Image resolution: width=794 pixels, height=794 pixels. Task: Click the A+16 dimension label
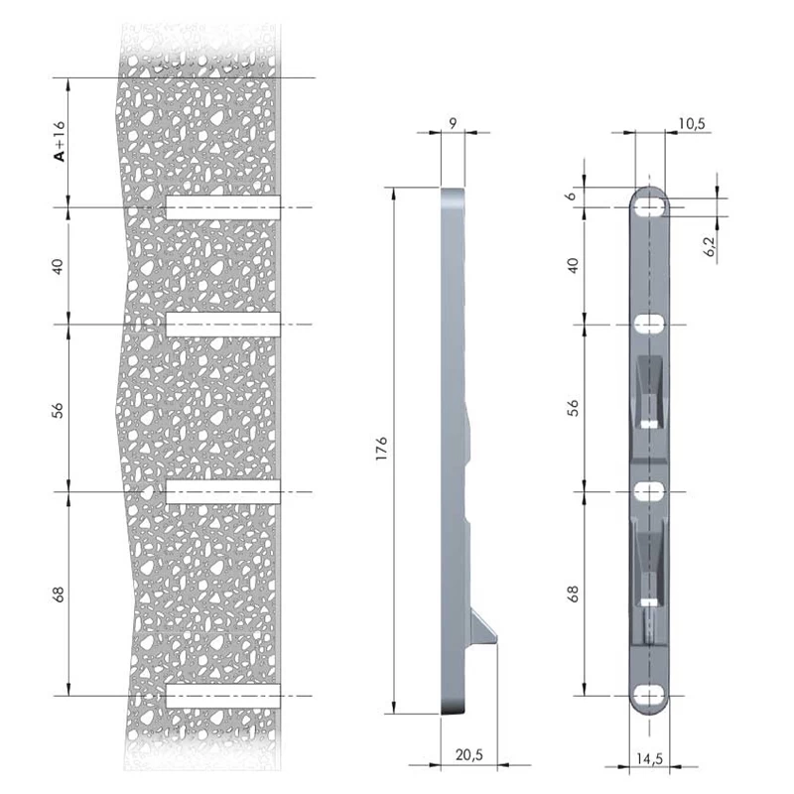pos(60,141)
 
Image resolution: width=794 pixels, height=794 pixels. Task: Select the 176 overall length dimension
pos(381,449)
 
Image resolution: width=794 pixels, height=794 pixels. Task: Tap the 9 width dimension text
pos(453,123)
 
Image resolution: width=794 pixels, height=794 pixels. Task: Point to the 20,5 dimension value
pos(469,754)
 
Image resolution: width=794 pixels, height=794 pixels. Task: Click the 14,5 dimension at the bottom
pos(649,758)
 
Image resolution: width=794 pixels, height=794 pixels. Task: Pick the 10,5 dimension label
pos(692,123)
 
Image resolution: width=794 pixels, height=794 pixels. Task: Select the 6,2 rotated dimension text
pos(710,246)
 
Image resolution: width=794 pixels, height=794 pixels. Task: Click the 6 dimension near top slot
pos(572,196)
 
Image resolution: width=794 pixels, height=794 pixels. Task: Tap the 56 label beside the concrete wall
pos(59,410)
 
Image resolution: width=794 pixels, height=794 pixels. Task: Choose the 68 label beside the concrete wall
pos(59,594)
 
